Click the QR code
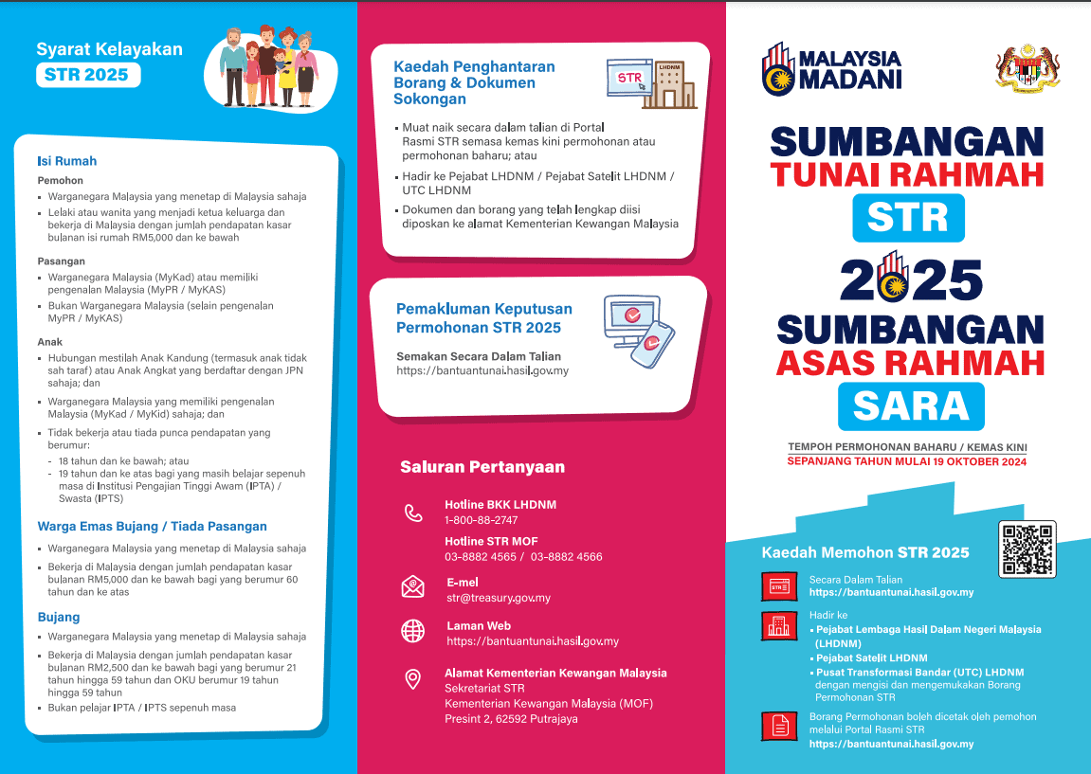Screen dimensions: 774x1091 point(1027,549)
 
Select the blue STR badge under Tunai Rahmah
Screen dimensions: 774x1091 point(907,217)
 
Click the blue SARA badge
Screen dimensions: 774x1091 point(910,405)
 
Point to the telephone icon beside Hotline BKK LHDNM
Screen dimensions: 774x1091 point(413,513)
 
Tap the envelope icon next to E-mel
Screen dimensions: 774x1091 point(413,586)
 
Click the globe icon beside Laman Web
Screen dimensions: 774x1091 point(413,631)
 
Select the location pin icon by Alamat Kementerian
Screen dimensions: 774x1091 point(413,679)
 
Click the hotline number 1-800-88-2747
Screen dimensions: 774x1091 point(481,520)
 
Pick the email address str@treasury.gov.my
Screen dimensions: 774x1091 point(499,598)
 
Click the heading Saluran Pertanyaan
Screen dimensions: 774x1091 point(482,466)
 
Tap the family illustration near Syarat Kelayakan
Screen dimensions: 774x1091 point(270,68)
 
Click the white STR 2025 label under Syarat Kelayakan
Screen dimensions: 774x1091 point(87,75)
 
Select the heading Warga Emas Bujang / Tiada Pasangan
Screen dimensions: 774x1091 point(152,526)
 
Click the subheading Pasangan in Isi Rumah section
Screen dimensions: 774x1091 point(61,261)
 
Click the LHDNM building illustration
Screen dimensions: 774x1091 point(674,83)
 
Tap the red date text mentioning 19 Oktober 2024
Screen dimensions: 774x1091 point(906,462)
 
